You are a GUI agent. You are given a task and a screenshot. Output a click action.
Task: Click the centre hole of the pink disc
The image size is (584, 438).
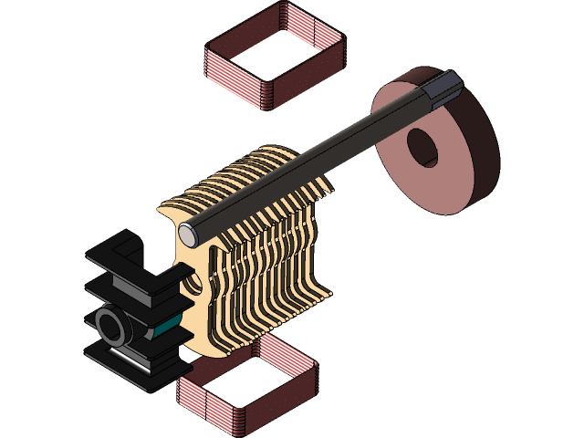coord(424,147)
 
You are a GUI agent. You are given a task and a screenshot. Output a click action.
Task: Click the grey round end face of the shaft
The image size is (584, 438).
coord(188,234)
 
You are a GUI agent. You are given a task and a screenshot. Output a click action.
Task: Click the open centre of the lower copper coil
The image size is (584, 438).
coord(246,383)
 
